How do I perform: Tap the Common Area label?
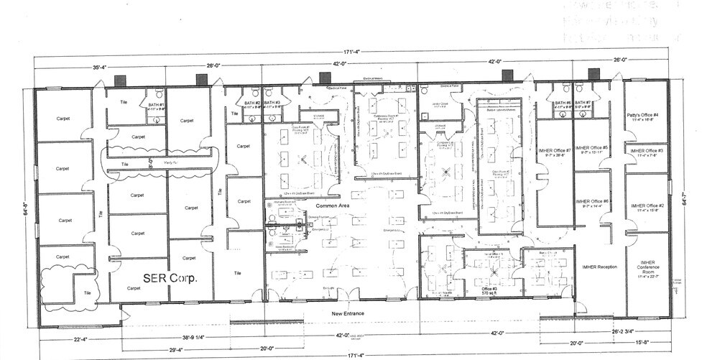pos(331,206)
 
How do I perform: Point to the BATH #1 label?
pos(157,105)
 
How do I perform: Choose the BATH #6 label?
pos(562,103)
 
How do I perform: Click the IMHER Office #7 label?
pos(554,150)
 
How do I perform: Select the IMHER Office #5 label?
pos(593,148)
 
